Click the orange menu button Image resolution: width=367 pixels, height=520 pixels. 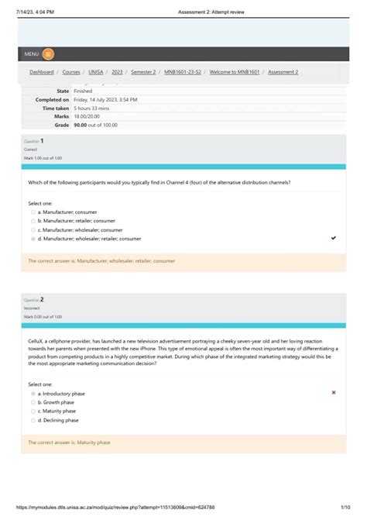pyautogui.click(x=49, y=53)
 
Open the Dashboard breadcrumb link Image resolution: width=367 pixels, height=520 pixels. pyautogui.click(x=42, y=72)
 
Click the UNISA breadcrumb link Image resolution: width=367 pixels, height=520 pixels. pyautogui.click(x=96, y=72)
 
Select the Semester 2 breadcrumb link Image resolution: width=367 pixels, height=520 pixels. pyautogui.click(x=142, y=72)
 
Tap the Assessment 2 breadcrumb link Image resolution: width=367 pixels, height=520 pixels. pyautogui.click(x=283, y=72)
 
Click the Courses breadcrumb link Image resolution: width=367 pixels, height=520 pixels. pyautogui.click(x=70, y=72)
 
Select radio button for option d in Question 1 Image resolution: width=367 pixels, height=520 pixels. pyautogui.click(x=33, y=239)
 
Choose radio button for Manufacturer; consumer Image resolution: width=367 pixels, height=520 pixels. pyautogui.click(x=33, y=212)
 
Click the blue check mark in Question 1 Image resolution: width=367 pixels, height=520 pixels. pyautogui.click(x=334, y=239)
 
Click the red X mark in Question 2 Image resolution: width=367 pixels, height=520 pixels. pyautogui.click(x=334, y=393)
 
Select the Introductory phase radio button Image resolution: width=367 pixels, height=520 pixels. pyautogui.click(x=33, y=394)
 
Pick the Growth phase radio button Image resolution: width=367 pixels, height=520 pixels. pyautogui.click(x=33, y=403)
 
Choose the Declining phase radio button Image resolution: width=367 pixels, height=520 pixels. pyautogui.click(x=33, y=421)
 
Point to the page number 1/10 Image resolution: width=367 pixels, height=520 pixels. pyautogui.click(x=345, y=508)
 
